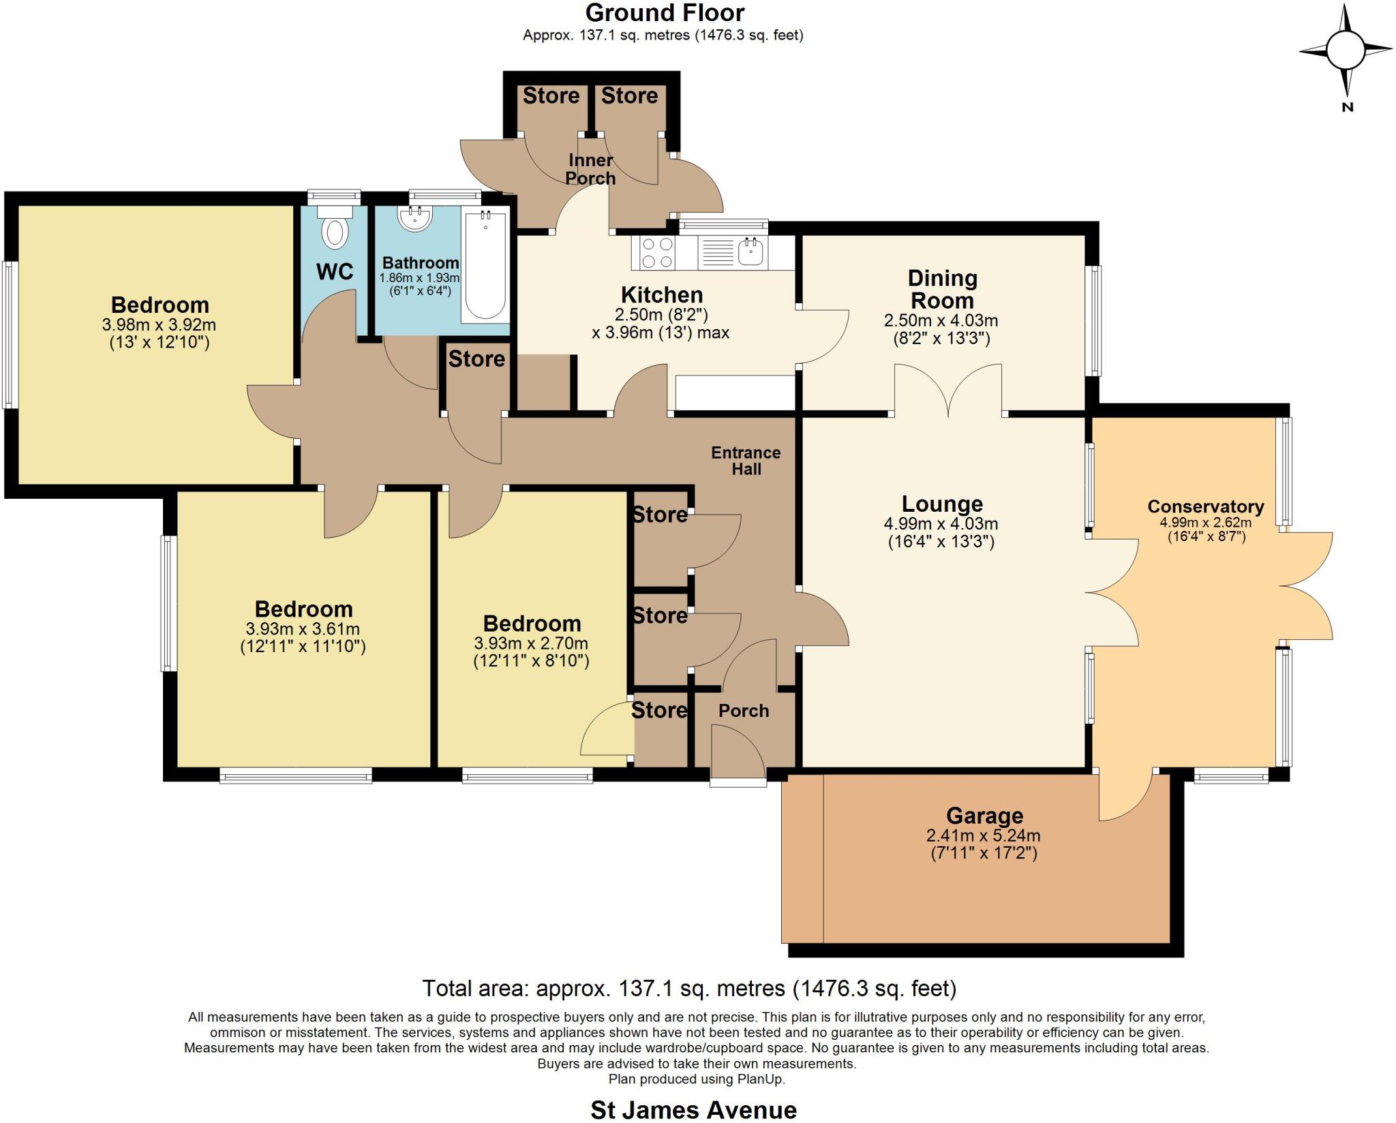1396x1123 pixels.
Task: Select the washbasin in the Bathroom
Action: pyautogui.click(x=414, y=217)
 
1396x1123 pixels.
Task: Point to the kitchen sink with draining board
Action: pyautogui.click(x=733, y=252)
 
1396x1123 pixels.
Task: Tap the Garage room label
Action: pyautogui.click(x=984, y=815)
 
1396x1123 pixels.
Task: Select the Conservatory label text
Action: pyautogui.click(x=1205, y=506)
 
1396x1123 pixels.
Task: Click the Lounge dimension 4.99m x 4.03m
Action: pyautogui.click(x=941, y=524)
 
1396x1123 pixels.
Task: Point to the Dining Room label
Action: pyautogui.click(x=942, y=289)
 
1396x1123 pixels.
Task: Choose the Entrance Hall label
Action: pyautogui.click(x=746, y=461)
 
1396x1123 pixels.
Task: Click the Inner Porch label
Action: pyautogui.click(x=590, y=169)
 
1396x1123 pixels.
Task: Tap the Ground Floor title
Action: pyautogui.click(x=665, y=12)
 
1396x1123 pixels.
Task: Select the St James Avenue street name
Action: pyautogui.click(x=693, y=1110)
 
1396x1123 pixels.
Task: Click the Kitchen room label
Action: pyautogui.click(x=661, y=294)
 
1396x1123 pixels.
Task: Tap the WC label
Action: pyautogui.click(x=335, y=271)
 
